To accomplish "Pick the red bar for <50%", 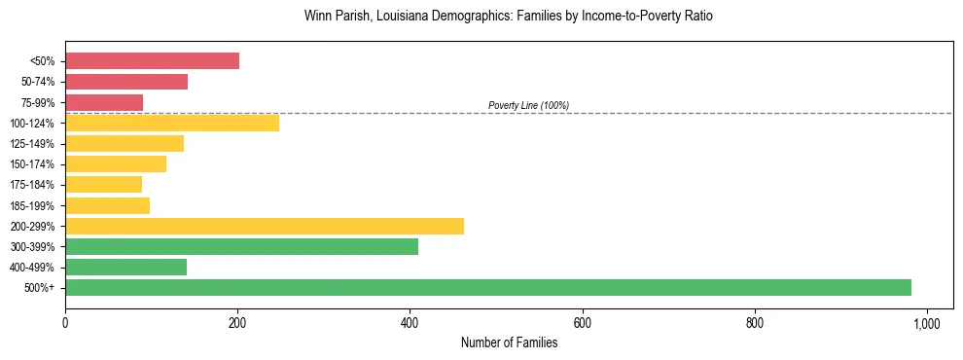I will (152, 61).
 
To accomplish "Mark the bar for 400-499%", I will (125, 267).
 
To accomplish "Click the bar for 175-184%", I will (103, 184).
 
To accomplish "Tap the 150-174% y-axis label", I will (32, 164).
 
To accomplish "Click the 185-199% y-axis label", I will (32, 205).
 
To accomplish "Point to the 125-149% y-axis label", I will (32, 144).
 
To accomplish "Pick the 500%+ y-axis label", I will (38, 288).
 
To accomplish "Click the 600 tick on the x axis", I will (582, 323).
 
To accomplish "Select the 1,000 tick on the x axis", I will (926, 323).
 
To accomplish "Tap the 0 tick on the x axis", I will (65, 323).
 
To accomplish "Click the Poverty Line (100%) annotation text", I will (528, 105).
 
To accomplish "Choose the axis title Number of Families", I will (509, 342).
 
